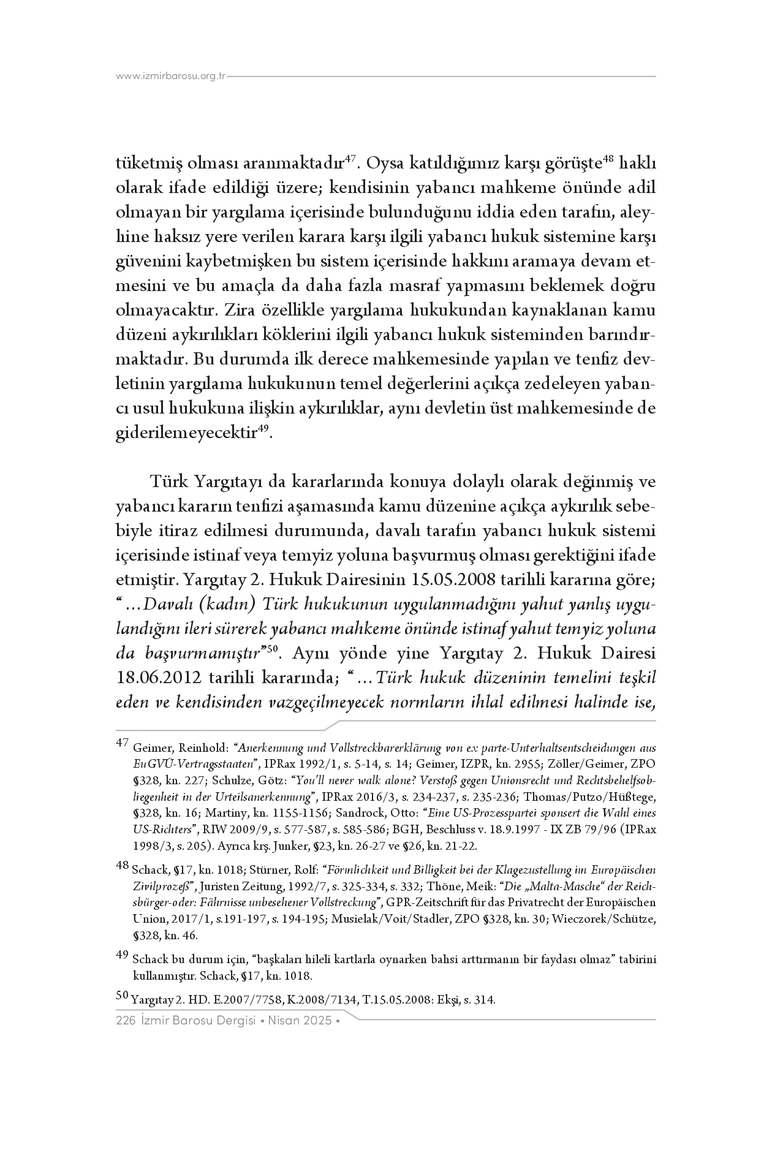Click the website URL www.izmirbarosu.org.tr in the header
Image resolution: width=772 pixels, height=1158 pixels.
click(x=171, y=77)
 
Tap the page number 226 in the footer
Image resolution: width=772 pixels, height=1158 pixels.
click(x=125, y=1021)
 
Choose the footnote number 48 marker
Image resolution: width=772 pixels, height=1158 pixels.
click(x=122, y=865)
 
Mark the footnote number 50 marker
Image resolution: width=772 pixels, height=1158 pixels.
click(x=122, y=997)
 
